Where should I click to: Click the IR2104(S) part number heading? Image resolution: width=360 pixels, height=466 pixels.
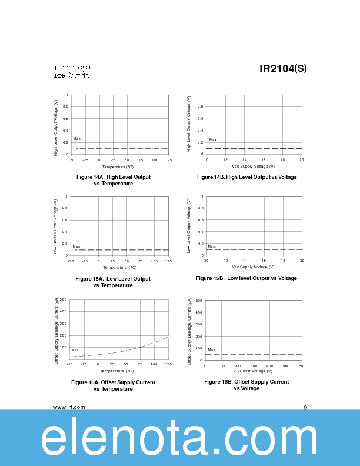[283, 69]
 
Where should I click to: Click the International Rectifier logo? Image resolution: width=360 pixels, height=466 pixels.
[72, 72]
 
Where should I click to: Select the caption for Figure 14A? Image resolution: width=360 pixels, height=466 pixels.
[114, 180]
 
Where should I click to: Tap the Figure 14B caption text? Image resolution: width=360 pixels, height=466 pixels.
[246, 177]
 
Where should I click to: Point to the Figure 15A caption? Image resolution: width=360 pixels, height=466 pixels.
[113, 282]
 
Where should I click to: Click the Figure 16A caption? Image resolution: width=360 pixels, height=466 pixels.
[113, 385]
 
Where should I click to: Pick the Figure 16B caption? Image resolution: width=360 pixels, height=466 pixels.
[246, 385]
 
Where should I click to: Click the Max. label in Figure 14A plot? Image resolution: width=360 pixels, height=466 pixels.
[77, 139]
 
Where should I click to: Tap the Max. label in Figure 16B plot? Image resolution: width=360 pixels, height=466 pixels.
[212, 350]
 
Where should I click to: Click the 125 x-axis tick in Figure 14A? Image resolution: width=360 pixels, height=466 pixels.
[168, 160]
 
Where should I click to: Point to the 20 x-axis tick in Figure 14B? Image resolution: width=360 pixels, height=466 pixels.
[301, 160]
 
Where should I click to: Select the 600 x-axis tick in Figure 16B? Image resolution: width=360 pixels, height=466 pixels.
[302, 366]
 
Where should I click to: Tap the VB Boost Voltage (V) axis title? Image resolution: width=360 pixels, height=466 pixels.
[252, 371]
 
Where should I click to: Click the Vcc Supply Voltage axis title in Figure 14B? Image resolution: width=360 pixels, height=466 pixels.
[253, 167]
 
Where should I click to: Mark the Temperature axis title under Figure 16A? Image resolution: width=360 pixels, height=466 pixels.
[116, 371]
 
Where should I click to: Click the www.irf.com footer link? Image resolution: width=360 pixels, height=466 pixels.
[69, 407]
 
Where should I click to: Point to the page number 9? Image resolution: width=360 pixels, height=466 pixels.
[305, 407]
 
